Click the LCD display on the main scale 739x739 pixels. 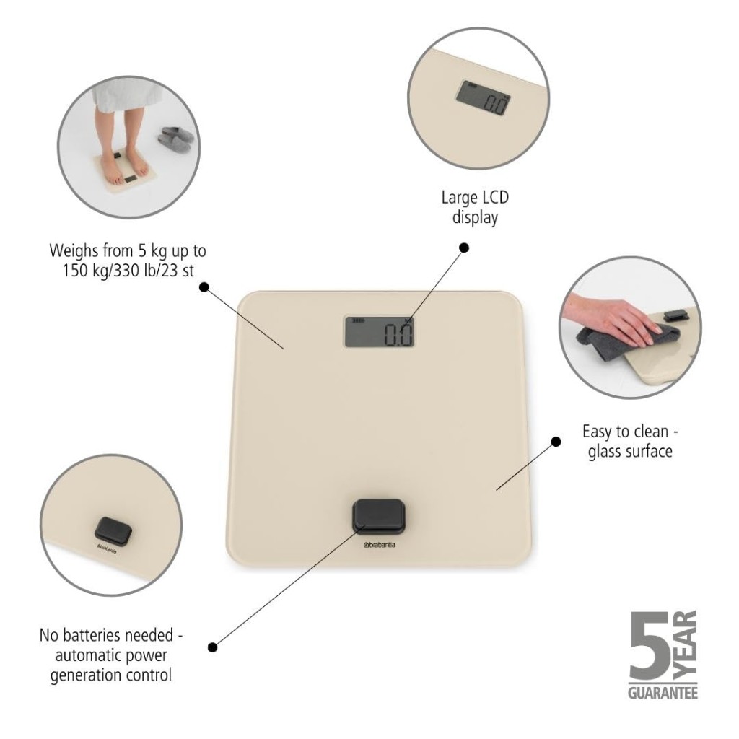pyautogui.click(x=380, y=331)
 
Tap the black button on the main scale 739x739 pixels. pyautogui.click(x=379, y=517)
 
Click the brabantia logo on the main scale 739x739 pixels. pyautogui.click(x=380, y=546)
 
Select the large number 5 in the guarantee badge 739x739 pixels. pyautogui.click(x=649, y=646)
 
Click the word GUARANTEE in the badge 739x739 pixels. pyautogui.click(x=663, y=694)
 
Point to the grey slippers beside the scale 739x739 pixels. pyautogui.click(x=176, y=139)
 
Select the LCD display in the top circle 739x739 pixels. pyautogui.click(x=484, y=97)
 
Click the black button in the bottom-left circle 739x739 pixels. pyautogui.click(x=113, y=531)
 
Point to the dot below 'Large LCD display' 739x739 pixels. pyautogui.click(x=464, y=248)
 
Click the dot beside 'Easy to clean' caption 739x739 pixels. pyautogui.click(x=556, y=442)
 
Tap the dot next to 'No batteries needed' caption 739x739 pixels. pyautogui.click(x=213, y=647)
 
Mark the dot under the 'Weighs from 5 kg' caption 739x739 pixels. pyautogui.click(x=204, y=287)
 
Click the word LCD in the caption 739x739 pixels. pyautogui.click(x=494, y=197)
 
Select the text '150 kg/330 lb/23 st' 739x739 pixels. pyautogui.click(x=128, y=271)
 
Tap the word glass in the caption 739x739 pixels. pyautogui.click(x=605, y=452)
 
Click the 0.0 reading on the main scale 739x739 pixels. pyautogui.click(x=398, y=335)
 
